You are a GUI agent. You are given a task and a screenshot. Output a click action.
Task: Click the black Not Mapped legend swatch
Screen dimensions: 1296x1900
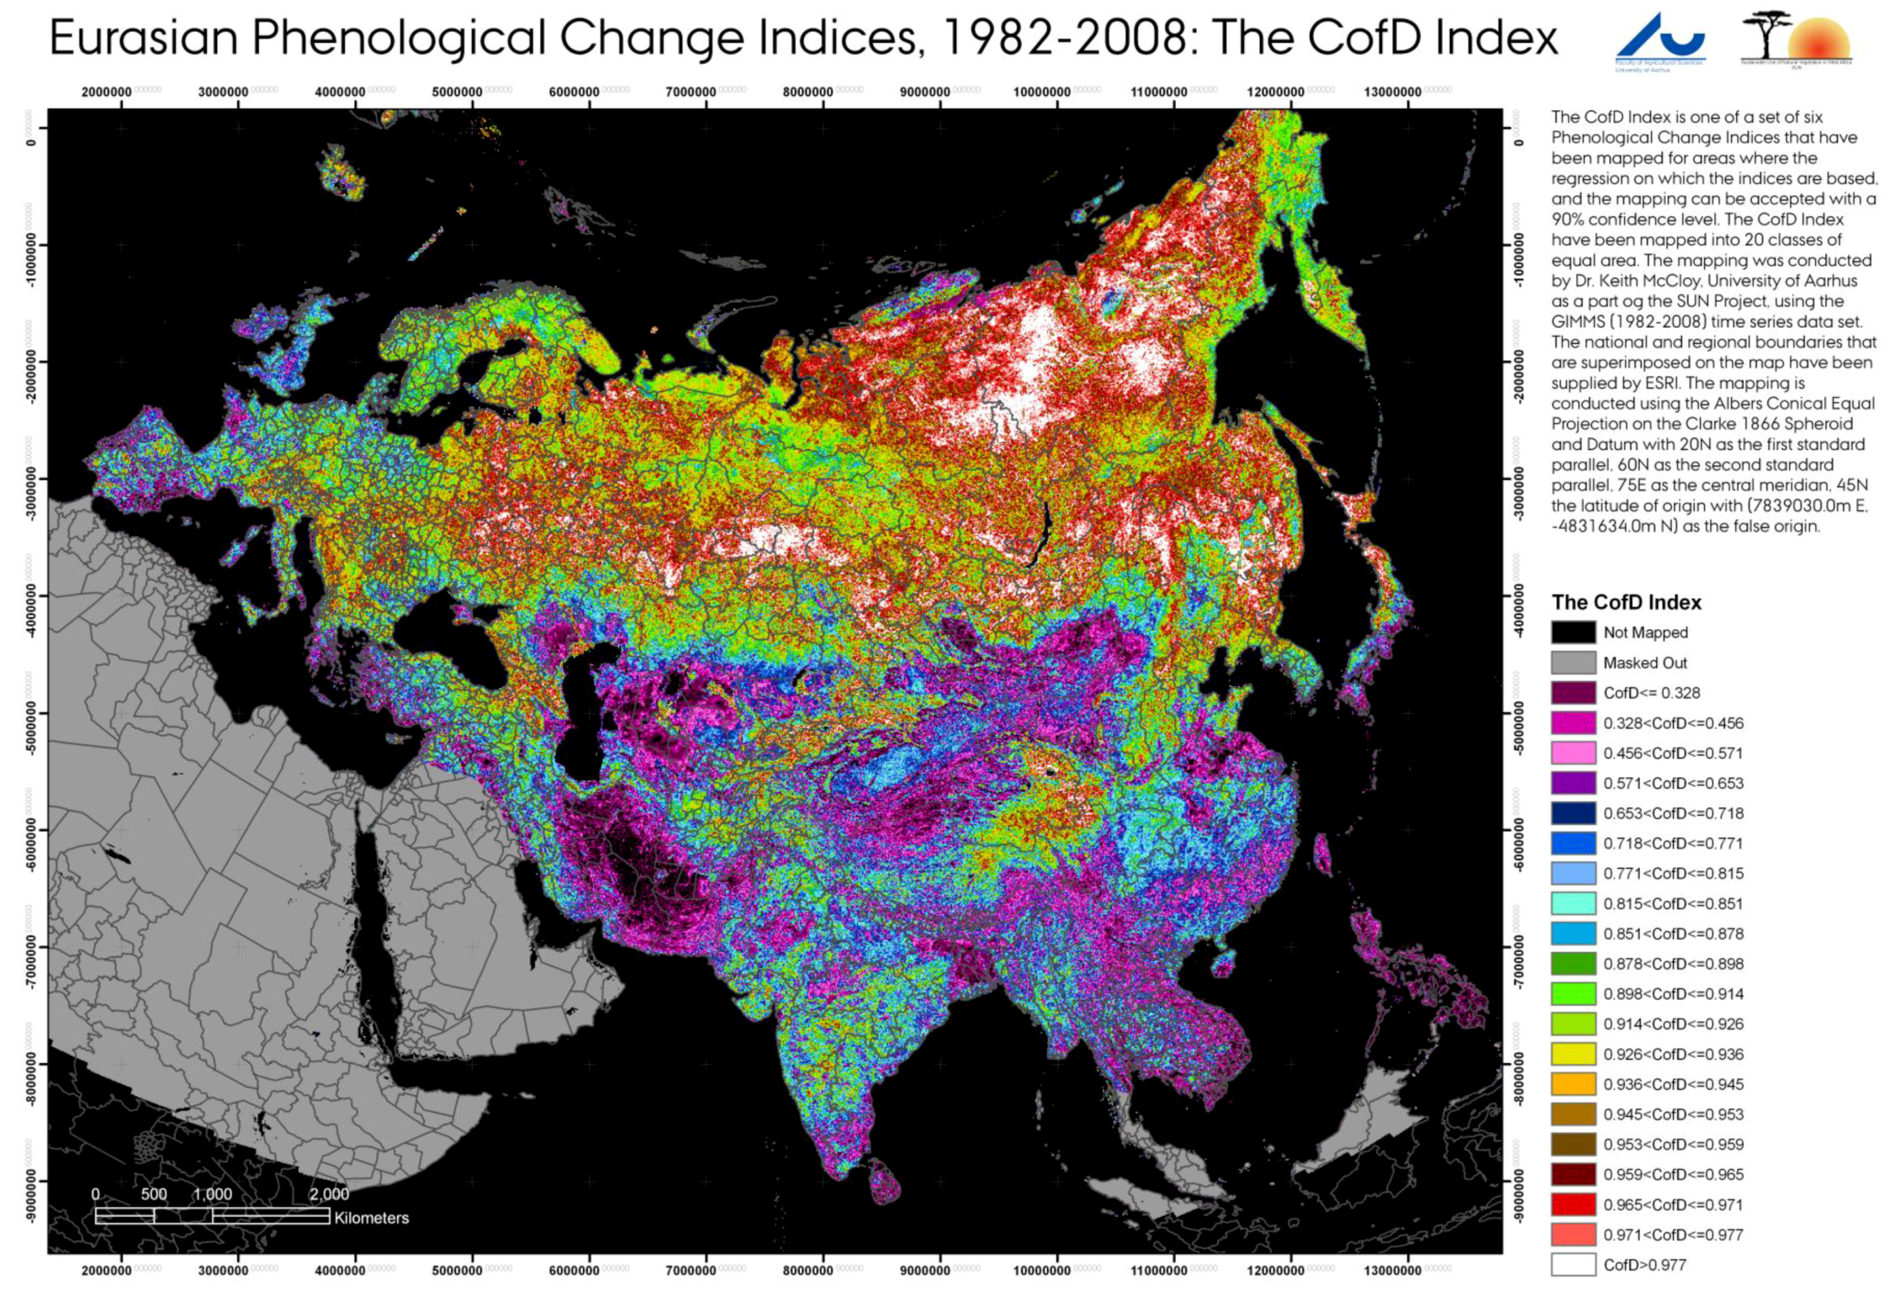coord(1572,632)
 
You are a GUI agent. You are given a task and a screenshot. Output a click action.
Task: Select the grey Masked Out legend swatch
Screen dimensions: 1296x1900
coord(1572,662)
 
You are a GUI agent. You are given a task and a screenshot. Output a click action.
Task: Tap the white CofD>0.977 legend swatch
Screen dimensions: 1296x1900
coord(1572,1265)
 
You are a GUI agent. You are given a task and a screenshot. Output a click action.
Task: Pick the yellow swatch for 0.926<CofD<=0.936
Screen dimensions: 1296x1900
coord(1572,1054)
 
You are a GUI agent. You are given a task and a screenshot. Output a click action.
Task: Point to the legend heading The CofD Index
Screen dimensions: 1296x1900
coord(1626,603)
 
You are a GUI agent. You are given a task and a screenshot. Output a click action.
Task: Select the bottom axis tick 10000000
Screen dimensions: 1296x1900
coord(1041,1271)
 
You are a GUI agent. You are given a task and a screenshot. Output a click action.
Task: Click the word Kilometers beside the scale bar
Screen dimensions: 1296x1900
coord(371,1217)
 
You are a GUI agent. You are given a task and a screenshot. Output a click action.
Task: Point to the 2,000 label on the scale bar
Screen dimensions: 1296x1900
coord(329,1194)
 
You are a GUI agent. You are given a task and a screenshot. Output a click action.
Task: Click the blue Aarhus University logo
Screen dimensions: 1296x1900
coord(1660,41)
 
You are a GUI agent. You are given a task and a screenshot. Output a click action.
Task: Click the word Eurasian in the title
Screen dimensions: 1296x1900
coord(144,38)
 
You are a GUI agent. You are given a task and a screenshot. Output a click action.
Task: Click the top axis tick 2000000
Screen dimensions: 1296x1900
coord(107,92)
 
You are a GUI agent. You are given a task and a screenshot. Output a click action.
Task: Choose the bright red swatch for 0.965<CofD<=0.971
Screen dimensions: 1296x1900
coord(1572,1204)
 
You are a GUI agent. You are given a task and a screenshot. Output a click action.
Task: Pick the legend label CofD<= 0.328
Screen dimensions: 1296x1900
coord(1652,693)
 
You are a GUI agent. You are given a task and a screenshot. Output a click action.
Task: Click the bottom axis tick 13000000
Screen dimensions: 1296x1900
coord(1393,1271)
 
